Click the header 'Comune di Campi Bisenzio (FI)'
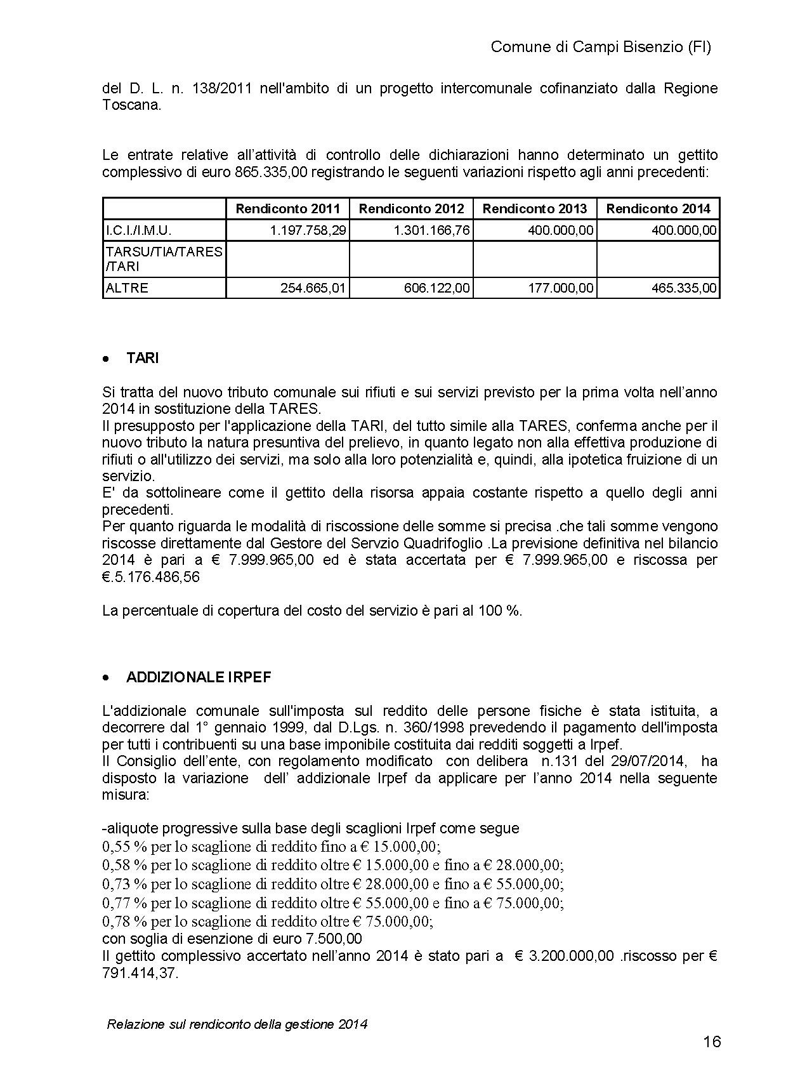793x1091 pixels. pyautogui.click(x=601, y=47)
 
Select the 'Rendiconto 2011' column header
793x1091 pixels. pyautogui.click(x=287, y=209)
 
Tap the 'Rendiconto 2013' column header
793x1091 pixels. pyautogui.click(x=535, y=209)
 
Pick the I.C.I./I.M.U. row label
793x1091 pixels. pyautogui.click(x=138, y=230)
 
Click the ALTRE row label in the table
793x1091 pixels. pyautogui.click(x=127, y=288)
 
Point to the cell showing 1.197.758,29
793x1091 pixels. pyautogui.click(x=308, y=230)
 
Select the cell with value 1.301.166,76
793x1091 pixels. pyautogui.click(x=431, y=230)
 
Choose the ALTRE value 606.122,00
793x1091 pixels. pyautogui.click(x=437, y=288)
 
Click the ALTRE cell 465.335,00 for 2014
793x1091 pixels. pyautogui.click(x=684, y=288)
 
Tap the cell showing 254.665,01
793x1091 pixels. pyautogui.click(x=313, y=288)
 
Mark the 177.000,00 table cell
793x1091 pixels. pyautogui.click(x=560, y=288)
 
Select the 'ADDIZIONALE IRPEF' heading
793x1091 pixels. pyautogui.click(x=199, y=677)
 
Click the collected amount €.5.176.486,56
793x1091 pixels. pyautogui.click(x=150, y=577)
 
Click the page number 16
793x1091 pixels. pyautogui.click(x=712, y=1041)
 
